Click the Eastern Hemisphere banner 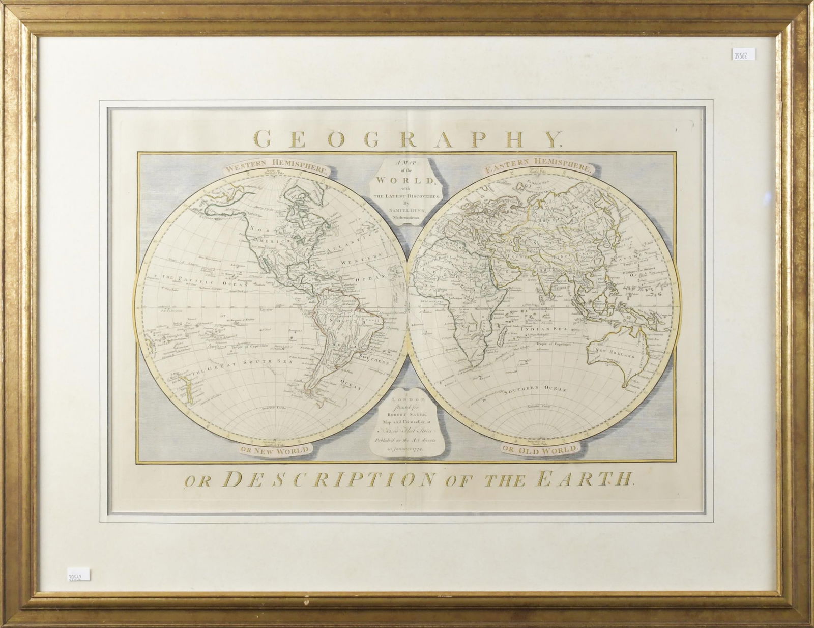click(x=538, y=167)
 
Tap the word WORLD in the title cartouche click(x=405, y=182)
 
